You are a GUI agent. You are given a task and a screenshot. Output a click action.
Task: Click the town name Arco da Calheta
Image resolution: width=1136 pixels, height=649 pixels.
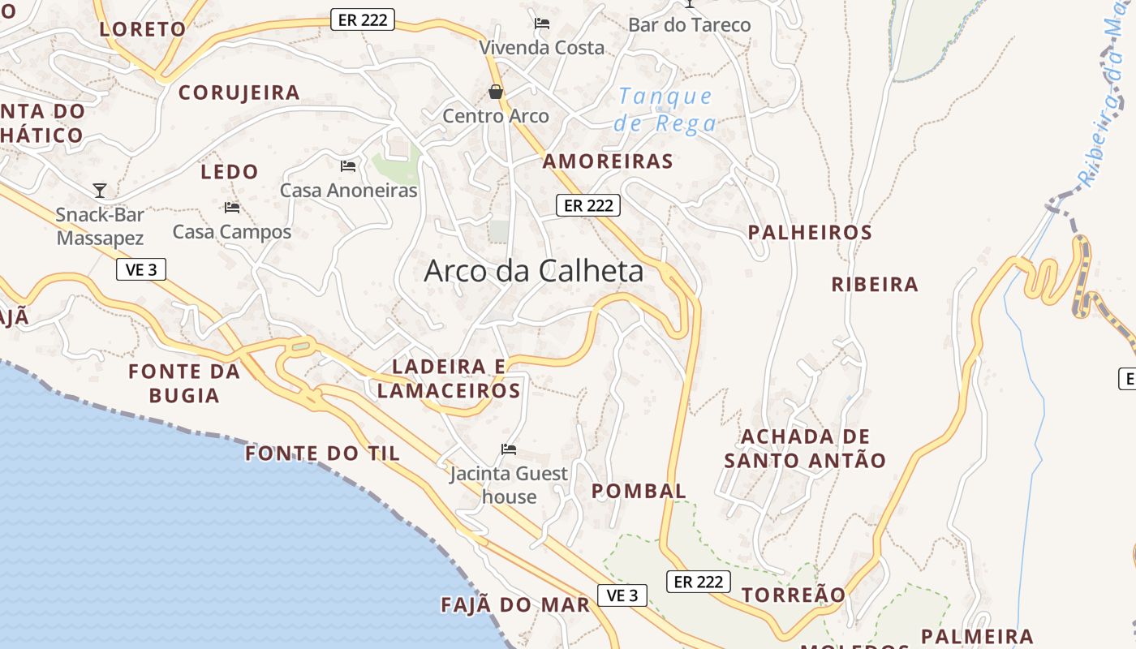(534, 271)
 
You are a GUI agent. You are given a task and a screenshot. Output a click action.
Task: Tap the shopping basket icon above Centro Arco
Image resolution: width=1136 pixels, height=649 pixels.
(496, 92)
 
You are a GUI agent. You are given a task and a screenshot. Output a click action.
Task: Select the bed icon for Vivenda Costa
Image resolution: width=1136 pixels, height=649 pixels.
(542, 24)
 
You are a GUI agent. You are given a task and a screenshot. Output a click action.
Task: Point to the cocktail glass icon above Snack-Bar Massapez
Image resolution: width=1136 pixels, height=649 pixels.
(100, 191)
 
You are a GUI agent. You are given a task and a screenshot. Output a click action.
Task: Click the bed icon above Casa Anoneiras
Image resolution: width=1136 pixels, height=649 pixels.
(348, 166)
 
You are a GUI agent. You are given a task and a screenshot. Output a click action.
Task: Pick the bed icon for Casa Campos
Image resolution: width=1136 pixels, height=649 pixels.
(232, 208)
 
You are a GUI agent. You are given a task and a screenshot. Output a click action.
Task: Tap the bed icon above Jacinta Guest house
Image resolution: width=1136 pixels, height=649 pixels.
(509, 449)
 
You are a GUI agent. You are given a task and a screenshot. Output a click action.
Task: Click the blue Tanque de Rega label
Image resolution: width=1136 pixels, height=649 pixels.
(665, 110)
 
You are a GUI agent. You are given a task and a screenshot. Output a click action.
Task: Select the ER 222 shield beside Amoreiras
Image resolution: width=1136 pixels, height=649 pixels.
(588, 205)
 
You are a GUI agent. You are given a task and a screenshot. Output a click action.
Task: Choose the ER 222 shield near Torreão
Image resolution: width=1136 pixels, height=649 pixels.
(699, 582)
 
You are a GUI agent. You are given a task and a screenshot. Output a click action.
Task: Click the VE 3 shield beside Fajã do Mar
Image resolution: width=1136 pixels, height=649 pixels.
(622, 595)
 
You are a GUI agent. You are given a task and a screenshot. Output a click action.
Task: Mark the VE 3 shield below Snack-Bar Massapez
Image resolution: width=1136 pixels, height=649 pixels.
(141, 269)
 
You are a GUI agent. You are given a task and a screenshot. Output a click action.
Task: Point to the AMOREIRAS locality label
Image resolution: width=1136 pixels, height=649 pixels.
(608, 161)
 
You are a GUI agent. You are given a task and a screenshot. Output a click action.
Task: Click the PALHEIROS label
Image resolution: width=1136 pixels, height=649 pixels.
(810, 233)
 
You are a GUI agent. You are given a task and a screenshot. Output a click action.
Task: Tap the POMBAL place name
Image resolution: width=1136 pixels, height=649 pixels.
(639, 491)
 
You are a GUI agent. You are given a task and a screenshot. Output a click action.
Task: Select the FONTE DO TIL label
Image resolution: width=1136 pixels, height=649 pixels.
(323, 453)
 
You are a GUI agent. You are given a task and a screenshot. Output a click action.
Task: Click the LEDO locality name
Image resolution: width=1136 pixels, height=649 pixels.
(230, 172)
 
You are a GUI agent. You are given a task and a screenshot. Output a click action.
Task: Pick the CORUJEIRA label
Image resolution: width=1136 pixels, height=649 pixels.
(239, 92)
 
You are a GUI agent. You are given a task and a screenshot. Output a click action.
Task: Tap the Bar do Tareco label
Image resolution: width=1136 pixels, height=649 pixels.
(690, 25)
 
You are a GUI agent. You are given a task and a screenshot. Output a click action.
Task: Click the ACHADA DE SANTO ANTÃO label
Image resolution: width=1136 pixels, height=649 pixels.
(805, 449)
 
